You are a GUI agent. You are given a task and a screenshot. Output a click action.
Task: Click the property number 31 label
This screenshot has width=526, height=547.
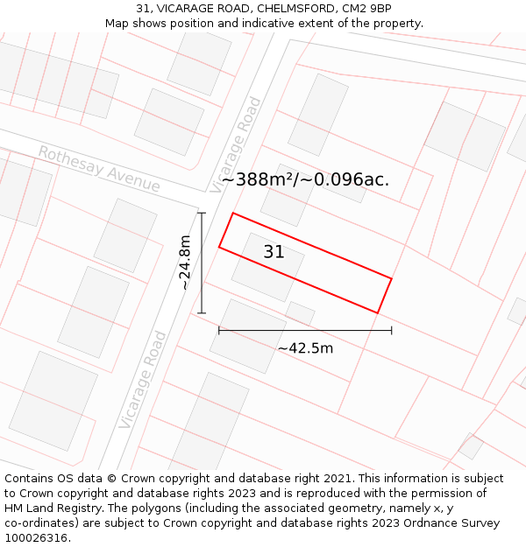tap(274, 252)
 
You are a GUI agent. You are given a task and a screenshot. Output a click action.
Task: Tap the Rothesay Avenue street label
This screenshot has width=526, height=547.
tap(99, 169)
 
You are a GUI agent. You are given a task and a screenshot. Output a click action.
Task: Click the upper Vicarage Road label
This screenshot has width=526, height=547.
tap(237, 144)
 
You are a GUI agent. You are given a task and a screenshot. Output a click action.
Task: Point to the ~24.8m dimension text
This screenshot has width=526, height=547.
tap(185, 262)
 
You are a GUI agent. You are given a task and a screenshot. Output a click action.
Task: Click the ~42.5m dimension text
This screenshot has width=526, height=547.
tap(305, 348)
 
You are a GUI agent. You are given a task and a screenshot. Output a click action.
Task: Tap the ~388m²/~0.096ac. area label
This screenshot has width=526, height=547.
tap(305, 179)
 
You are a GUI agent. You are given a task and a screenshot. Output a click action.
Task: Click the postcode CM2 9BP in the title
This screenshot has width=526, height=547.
tap(366, 8)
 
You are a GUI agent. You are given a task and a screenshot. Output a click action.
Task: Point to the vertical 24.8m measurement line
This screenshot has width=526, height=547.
tap(202, 263)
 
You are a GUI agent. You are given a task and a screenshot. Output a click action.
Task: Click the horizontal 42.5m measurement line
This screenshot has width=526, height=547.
tap(305, 330)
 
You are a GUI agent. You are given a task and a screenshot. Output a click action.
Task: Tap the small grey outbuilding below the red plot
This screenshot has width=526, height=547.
tap(300, 312)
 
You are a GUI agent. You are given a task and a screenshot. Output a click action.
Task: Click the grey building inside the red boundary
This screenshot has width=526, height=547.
tap(267, 267)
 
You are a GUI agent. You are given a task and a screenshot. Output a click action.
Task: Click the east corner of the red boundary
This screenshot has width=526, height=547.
tap(391, 279)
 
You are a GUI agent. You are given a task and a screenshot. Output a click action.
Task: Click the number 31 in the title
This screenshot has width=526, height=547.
tap(143, 8)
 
